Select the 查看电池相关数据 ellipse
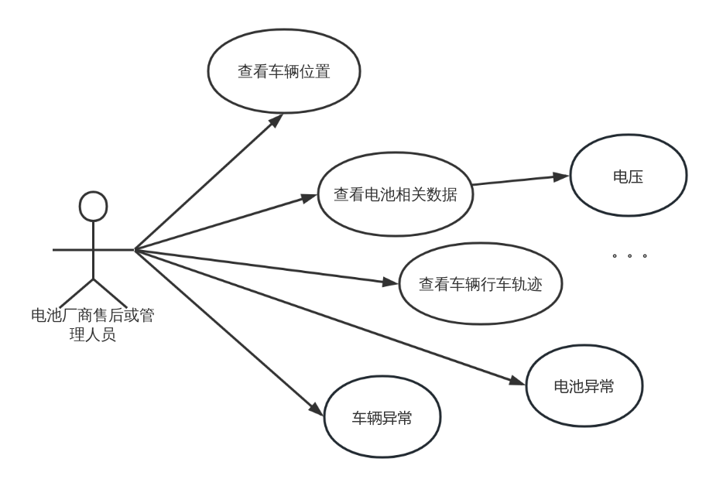click(x=396, y=195)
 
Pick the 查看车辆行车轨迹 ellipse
click(x=481, y=284)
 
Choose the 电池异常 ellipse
click(x=584, y=386)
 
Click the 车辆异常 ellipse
click(x=382, y=419)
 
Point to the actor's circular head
click(x=94, y=205)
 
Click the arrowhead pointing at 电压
click(x=563, y=176)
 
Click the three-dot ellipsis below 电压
click(x=629, y=255)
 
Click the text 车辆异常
click(x=382, y=419)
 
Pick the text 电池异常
click(x=584, y=386)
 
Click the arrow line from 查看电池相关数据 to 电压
click(x=519, y=181)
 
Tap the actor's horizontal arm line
click(x=93, y=249)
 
